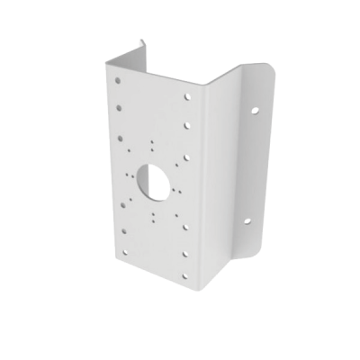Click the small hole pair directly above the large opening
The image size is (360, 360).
pyautogui.click(x=154, y=144)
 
